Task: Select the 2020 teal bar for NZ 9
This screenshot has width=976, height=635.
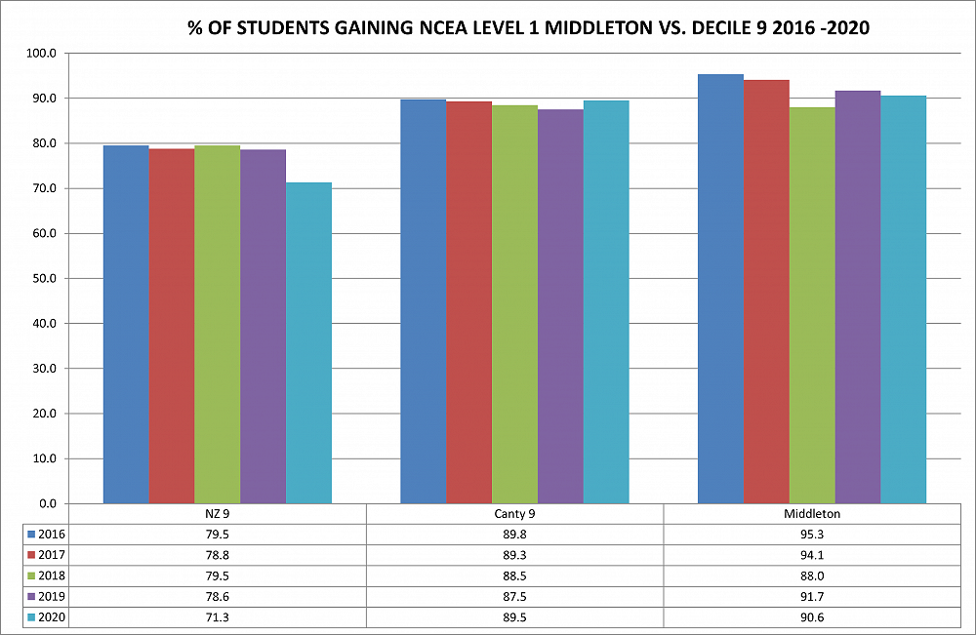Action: pyautogui.click(x=308, y=342)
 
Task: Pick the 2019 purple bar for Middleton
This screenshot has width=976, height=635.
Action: pyautogui.click(x=858, y=297)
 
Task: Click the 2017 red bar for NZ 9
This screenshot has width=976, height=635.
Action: pyautogui.click(x=172, y=326)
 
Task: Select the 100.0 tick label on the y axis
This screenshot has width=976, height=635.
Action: pyautogui.click(x=44, y=54)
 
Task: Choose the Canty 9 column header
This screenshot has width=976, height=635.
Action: pyautogui.click(x=514, y=513)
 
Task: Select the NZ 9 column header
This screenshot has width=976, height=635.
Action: pyautogui.click(x=217, y=513)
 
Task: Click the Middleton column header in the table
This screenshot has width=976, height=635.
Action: pyautogui.click(x=812, y=513)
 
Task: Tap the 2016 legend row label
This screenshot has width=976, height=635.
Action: pyautogui.click(x=53, y=534)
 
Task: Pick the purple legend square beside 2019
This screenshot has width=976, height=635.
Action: pyautogui.click(x=31, y=595)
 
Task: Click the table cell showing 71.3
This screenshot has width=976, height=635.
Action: pyautogui.click(x=217, y=615)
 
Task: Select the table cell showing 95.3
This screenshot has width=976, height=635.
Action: pyautogui.click(x=812, y=534)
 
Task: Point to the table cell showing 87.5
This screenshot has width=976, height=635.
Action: pyautogui.click(x=514, y=595)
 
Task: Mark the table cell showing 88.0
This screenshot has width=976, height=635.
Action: pyautogui.click(x=812, y=575)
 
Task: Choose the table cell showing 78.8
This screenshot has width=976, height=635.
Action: pyautogui.click(x=217, y=554)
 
